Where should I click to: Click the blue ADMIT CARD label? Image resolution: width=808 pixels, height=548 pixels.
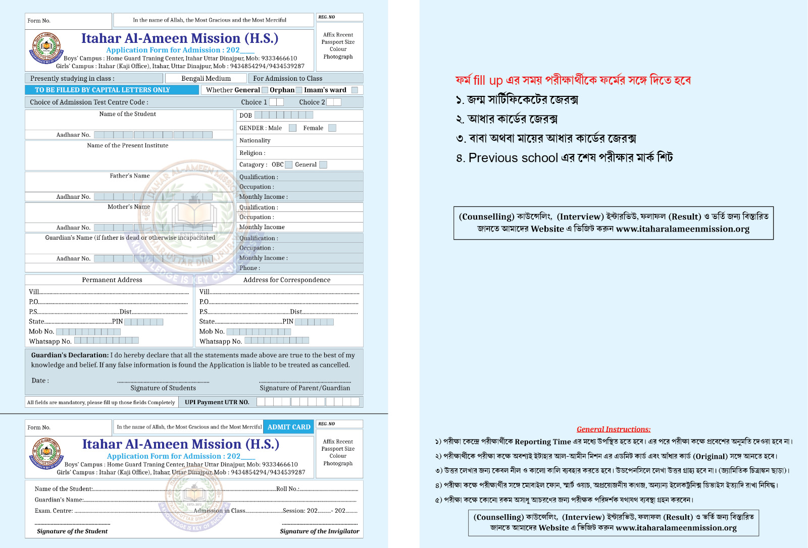point(289,427)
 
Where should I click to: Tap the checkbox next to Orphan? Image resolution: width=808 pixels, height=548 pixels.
point(299,90)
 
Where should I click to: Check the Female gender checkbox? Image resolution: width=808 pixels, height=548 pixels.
point(332,128)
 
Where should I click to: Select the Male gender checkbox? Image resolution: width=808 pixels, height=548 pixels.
point(292,128)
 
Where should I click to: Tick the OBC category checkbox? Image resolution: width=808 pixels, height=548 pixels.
point(289,165)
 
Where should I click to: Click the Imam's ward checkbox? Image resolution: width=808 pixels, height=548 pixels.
point(355,90)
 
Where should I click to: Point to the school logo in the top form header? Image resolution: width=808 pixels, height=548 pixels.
point(46,48)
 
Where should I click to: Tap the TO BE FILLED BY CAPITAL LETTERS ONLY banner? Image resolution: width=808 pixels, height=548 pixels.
point(112,90)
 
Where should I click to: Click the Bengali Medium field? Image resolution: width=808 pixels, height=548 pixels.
point(206,78)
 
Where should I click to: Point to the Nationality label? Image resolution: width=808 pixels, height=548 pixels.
point(255,140)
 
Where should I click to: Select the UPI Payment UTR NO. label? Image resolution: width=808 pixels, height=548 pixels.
point(217,402)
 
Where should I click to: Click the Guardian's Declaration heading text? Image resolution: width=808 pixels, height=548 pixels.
point(70,355)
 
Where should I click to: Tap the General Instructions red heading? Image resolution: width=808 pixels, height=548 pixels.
point(614,429)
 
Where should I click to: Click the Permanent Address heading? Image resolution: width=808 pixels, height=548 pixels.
point(112,280)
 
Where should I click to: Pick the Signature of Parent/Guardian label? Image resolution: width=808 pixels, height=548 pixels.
point(305,388)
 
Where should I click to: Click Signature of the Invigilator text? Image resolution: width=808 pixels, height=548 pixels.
point(320,531)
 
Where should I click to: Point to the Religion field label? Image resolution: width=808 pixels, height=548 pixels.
point(252,153)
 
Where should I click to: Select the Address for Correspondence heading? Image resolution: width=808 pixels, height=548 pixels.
point(287,280)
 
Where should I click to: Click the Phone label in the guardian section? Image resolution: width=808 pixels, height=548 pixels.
point(249,268)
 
